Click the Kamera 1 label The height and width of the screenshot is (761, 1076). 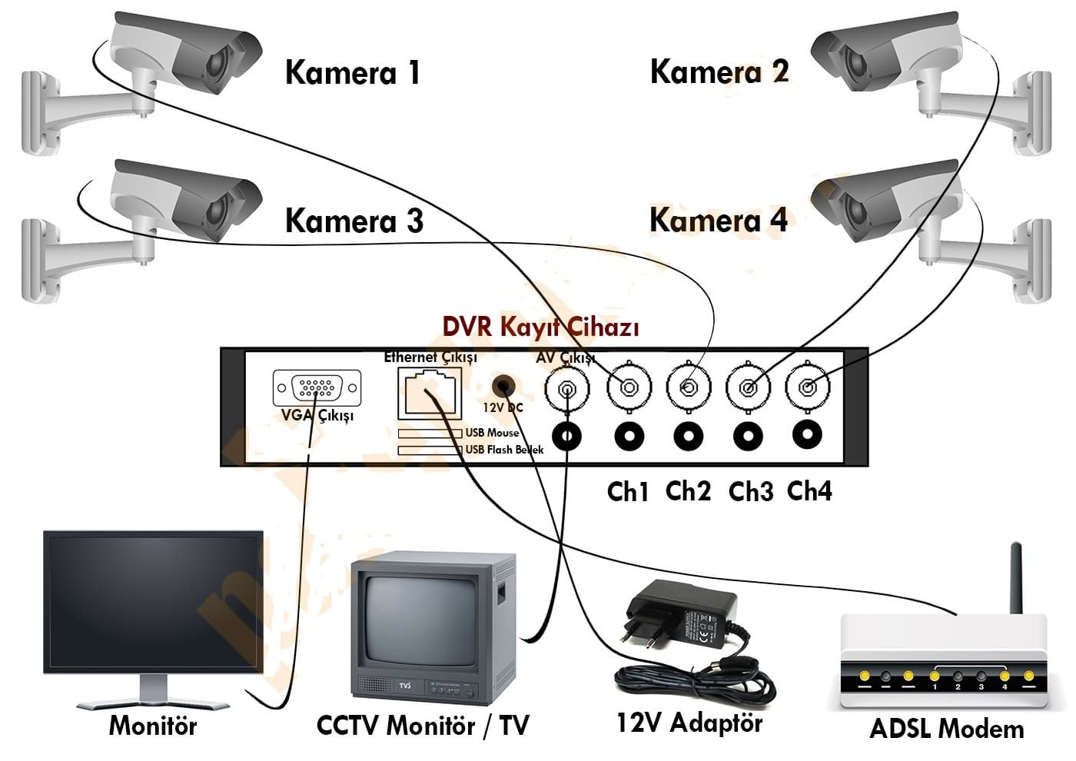(352, 73)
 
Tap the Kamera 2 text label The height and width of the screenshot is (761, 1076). (719, 71)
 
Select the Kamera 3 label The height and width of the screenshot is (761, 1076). (354, 221)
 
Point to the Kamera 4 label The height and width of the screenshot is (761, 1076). (718, 220)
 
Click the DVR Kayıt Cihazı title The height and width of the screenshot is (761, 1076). (540, 327)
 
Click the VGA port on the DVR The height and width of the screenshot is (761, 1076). (317, 388)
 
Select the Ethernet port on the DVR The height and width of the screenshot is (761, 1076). (429, 392)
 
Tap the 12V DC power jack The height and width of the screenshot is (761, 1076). (503, 385)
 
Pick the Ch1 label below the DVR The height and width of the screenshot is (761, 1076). (628, 491)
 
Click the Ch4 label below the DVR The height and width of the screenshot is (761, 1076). (809, 490)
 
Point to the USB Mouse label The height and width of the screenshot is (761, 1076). (492, 433)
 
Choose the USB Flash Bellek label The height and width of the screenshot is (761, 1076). (504, 450)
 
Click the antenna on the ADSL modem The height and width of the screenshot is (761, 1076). (1016, 577)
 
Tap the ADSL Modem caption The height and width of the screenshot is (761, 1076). (946, 729)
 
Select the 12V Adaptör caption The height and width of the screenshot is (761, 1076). (689, 723)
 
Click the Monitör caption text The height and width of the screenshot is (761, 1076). (153, 726)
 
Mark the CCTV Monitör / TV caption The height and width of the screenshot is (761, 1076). (423, 726)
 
